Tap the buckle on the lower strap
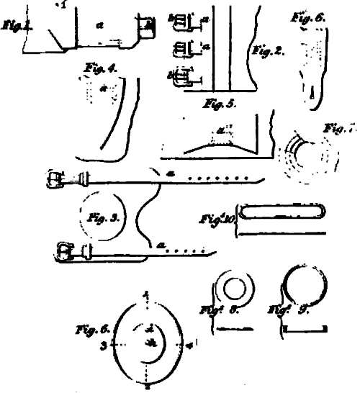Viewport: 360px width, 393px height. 65,252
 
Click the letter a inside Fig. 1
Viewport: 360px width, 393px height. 99,25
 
